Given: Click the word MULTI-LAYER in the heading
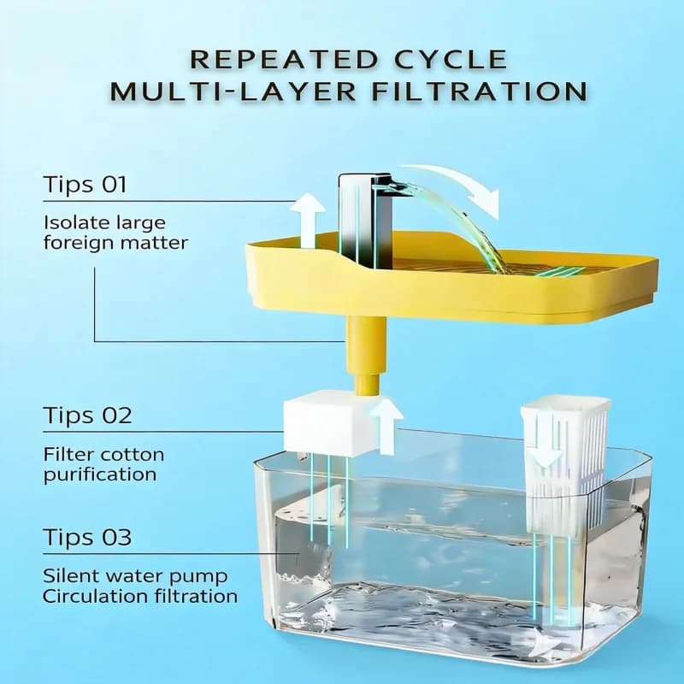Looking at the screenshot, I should (239, 91).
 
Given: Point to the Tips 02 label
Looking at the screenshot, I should (87, 416).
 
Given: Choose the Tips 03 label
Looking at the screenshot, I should (87, 538).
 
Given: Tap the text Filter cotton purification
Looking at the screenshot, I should (103, 464).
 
